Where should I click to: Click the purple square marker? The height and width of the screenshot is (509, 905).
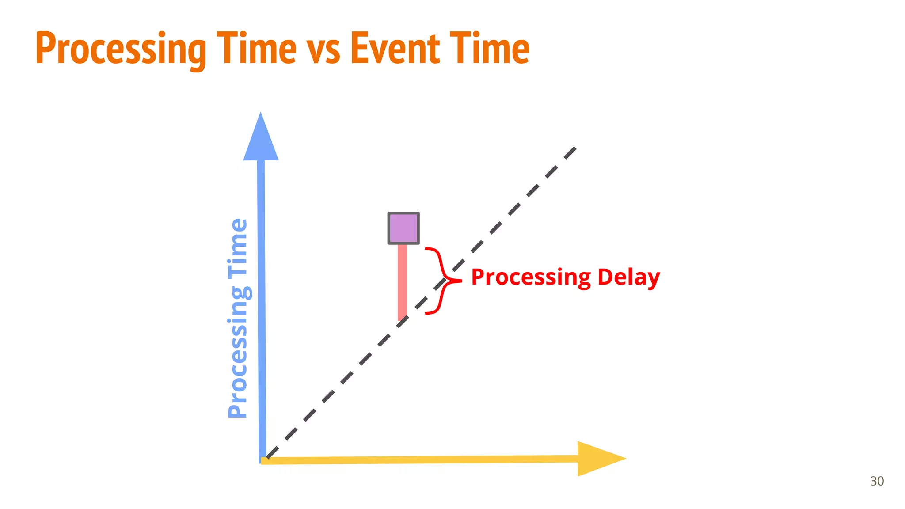point(403,228)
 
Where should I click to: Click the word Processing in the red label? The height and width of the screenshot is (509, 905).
point(531,278)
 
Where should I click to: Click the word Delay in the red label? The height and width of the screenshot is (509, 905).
point(628,278)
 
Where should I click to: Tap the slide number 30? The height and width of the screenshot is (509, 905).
point(877,481)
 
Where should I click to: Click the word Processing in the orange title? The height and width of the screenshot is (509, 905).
point(121,49)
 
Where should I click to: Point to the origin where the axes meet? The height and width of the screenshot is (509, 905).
point(262,460)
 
